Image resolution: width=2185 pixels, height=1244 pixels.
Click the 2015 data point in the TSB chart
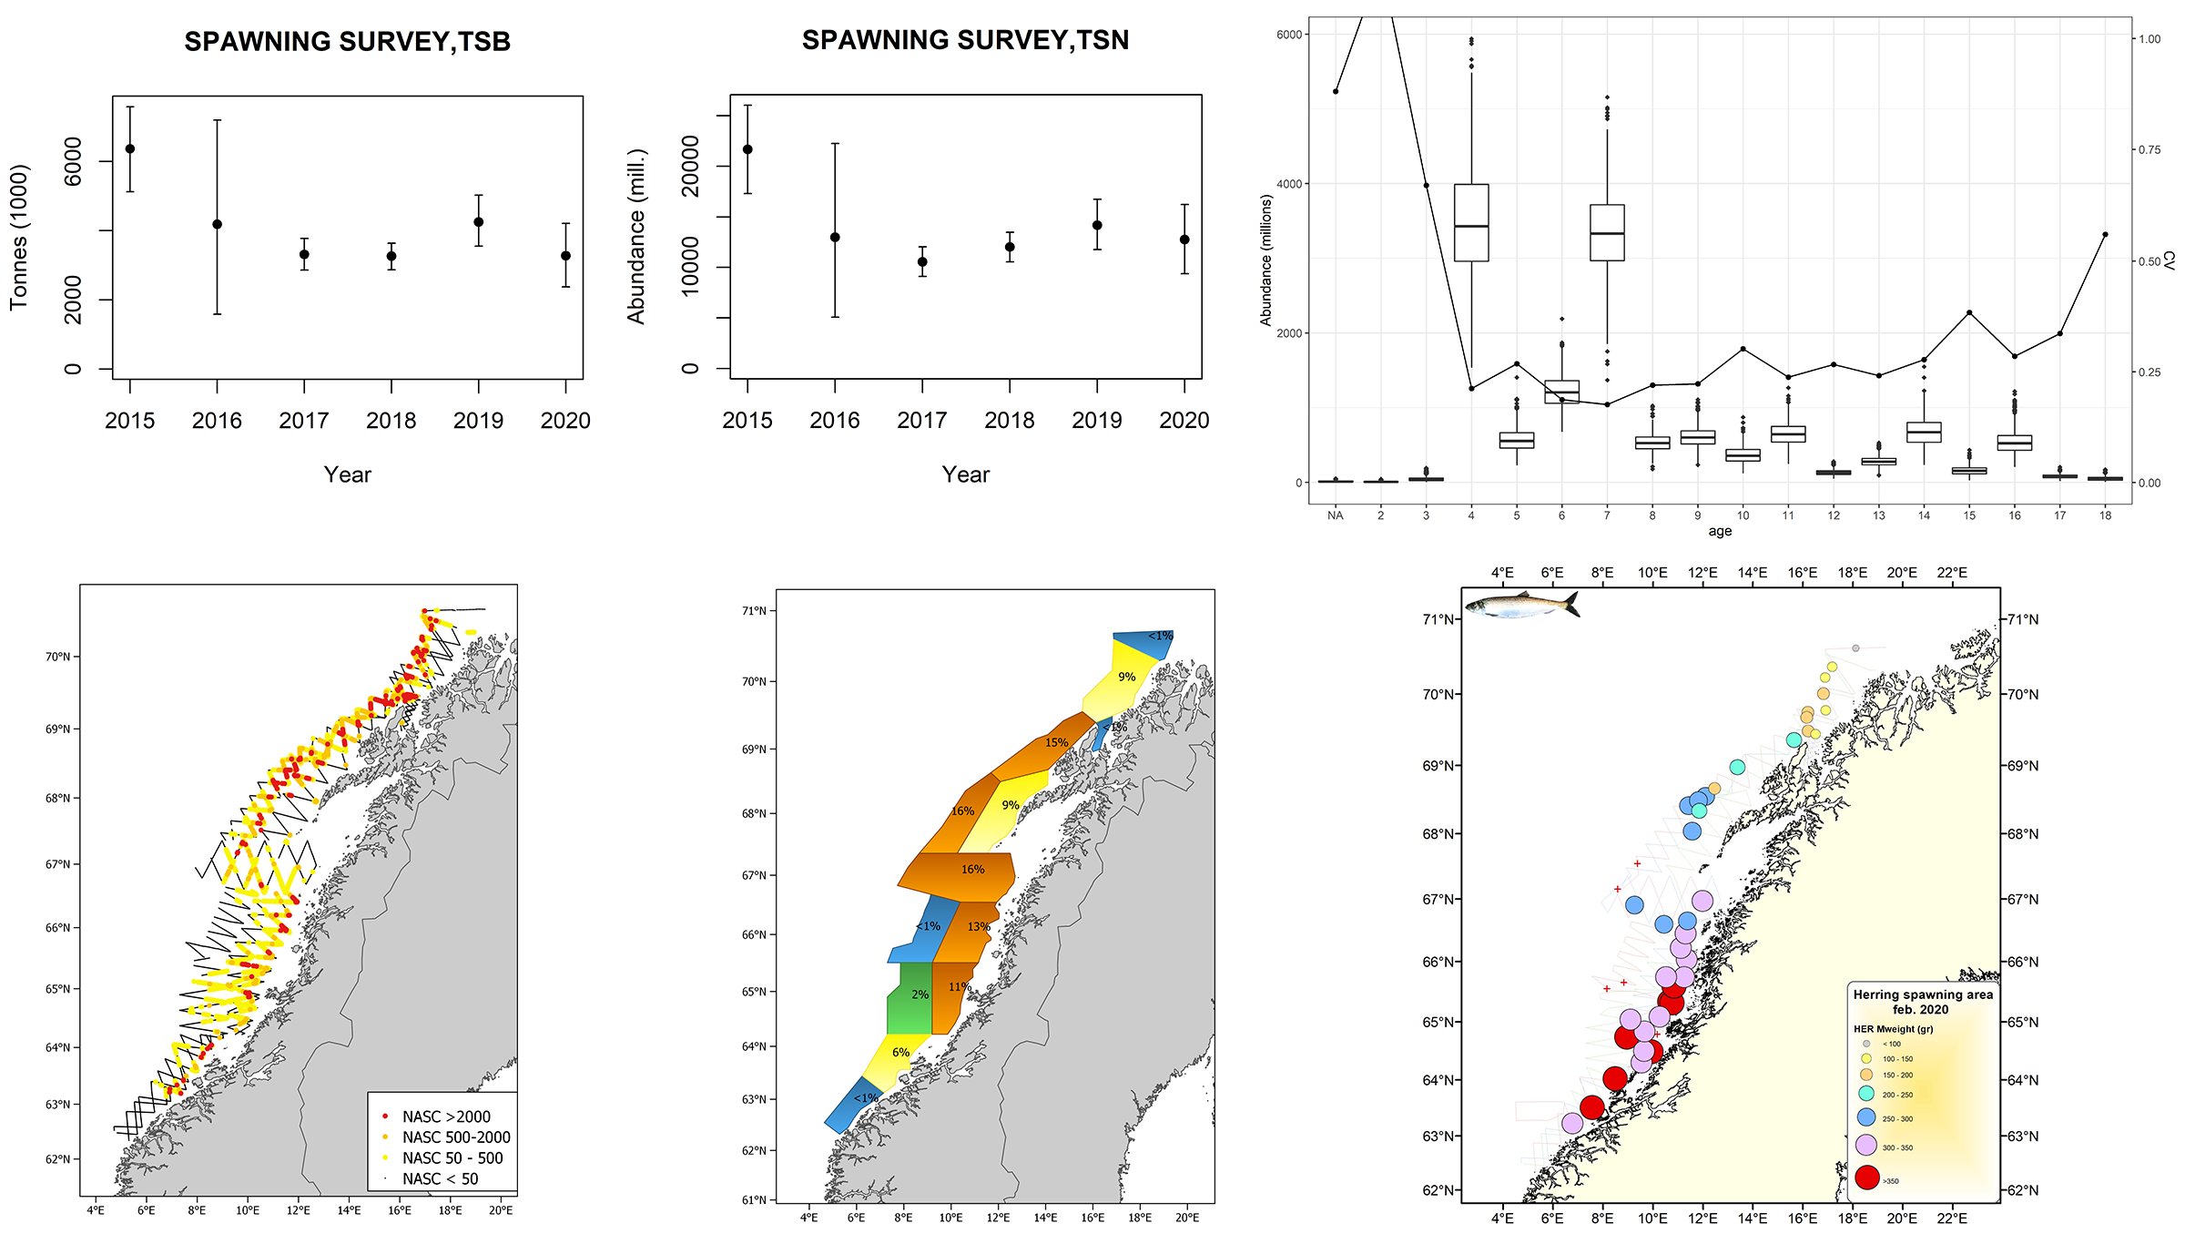(130, 148)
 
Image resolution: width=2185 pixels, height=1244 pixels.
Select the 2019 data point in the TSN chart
(1097, 225)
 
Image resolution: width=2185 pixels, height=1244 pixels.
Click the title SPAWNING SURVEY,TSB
(347, 42)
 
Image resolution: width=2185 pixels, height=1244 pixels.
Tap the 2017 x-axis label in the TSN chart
(921, 421)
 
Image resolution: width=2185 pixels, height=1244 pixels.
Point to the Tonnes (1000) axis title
(20, 237)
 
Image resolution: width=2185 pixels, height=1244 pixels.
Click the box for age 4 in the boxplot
(1471, 223)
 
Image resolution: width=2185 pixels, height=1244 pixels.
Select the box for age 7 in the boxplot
(1607, 233)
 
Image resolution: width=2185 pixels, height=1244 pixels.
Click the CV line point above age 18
(2105, 234)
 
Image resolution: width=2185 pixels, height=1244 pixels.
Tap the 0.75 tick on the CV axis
(2149, 150)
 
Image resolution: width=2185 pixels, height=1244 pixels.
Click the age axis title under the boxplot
(1719, 532)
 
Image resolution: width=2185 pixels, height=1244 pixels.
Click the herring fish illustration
(1521, 605)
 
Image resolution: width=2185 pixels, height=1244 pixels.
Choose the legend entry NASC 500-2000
(455, 1137)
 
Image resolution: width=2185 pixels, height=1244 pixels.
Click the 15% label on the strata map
(1056, 742)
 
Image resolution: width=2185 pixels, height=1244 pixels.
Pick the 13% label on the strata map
(979, 926)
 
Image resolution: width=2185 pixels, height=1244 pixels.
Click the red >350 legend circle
(1867, 1178)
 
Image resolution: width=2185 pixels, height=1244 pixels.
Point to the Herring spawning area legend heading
(1923, 1002)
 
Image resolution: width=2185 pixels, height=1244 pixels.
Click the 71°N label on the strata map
(754, 610)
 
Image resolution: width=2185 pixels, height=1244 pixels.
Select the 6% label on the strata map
(900, 1052)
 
